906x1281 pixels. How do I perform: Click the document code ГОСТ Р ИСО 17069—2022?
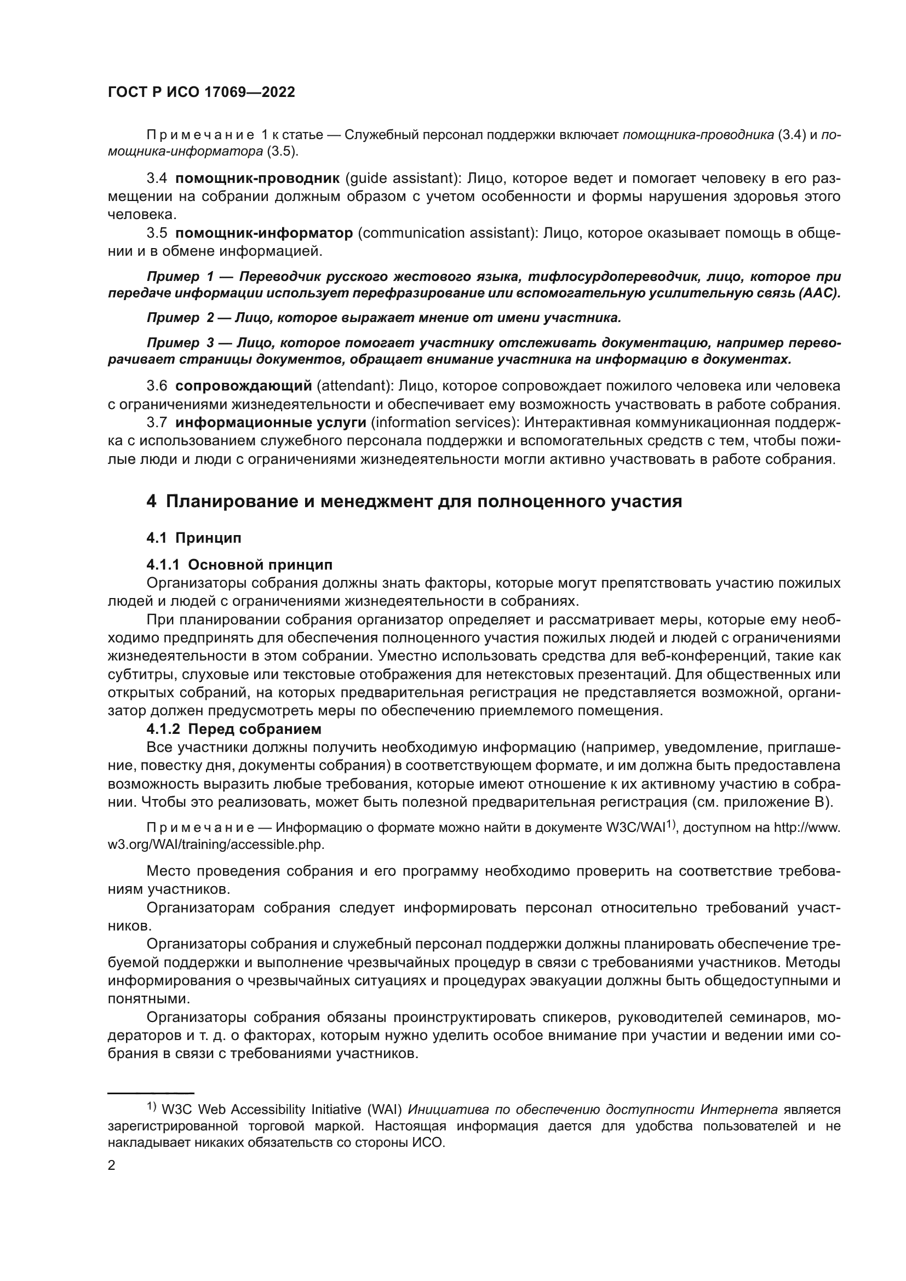(x=201, y=93)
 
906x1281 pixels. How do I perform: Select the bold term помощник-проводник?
(x=257, y=179)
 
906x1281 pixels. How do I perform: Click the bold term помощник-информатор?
(x=264, y=233)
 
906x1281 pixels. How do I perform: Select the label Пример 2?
(x=180, y=318)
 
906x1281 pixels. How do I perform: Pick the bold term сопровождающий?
(x=243, y=386)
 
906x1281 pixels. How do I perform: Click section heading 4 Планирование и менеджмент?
(x=414, y=502)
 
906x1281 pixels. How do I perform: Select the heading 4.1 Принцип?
(x=193, y=538)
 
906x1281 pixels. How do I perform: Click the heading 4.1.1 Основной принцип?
(x=239, y=565)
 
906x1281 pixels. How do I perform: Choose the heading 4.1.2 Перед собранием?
(x=234, y=729)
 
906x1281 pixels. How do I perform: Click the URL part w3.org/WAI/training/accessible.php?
(x=216, y=845)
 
